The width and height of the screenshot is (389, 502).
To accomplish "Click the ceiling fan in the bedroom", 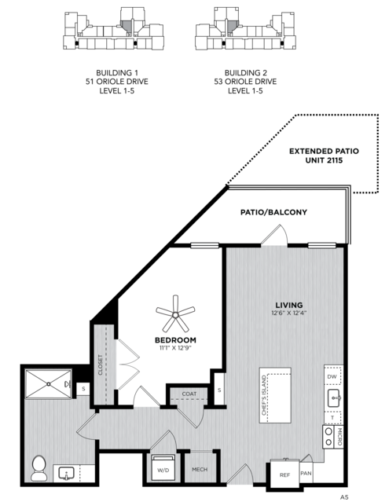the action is (175, 315).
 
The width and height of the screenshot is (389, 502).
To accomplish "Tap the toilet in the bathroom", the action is (39, 467).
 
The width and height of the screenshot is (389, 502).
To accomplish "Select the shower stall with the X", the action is (49, 384).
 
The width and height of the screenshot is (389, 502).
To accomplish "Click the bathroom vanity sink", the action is (66, 474).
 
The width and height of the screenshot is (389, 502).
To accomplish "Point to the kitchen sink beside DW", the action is (334, 398).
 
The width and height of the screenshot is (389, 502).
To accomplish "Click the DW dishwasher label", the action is (332, 377).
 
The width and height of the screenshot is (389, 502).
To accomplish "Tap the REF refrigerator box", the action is (284, 475).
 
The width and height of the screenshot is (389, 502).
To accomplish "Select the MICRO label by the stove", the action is (339, 438).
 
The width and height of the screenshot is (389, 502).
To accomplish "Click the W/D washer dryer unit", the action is (163, 467).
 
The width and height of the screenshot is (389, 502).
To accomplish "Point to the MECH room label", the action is (200, 470).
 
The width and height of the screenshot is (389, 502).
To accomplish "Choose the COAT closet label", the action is (189, 394).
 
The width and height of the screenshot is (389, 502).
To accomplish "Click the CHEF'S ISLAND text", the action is (264, 395).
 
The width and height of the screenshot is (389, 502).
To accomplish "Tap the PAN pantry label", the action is (306, 473).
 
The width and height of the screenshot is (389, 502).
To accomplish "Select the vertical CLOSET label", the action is (101, 365).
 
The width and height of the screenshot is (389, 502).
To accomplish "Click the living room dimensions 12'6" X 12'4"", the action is (289, 313).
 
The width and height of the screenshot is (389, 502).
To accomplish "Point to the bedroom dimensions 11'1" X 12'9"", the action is (175, 348).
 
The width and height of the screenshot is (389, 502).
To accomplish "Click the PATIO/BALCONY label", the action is (273, 212).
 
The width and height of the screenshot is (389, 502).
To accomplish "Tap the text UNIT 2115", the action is (324, 160).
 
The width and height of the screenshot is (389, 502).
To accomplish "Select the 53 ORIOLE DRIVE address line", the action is (245, 82).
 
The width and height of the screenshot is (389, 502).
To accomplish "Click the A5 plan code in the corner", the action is (344, 497).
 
